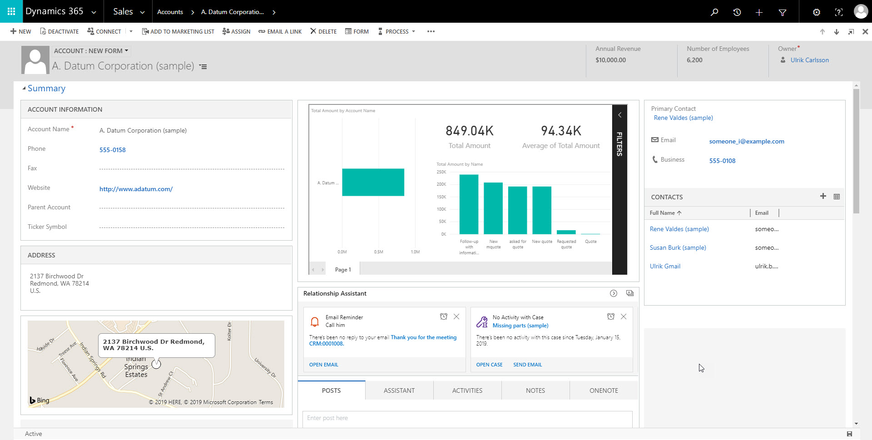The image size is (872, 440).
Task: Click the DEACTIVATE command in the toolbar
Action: point(59,31)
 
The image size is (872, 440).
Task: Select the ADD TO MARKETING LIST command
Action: point(178,31)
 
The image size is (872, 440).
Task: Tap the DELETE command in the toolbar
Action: point(323,31)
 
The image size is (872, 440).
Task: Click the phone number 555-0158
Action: point(112,150)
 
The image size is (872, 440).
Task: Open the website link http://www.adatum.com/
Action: point(136,189)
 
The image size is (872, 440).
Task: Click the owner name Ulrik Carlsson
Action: point(809,60)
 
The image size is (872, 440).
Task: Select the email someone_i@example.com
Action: point(746,141)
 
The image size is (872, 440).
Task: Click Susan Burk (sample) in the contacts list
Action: point(678,247)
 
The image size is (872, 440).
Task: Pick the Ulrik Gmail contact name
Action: point(665,266)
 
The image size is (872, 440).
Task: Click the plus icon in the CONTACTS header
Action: point(822,196)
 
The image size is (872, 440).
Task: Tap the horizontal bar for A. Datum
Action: point(373,182)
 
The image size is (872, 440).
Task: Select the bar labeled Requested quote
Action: point(566,232)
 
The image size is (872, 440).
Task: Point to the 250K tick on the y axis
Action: point(441,172)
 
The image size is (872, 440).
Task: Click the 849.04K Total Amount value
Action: point(469,131)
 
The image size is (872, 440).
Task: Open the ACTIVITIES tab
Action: point(467,391)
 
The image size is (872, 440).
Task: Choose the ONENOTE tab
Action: point(603,391)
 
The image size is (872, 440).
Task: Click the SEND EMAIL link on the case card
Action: point(527,365)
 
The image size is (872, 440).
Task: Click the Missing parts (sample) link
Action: point(520,326)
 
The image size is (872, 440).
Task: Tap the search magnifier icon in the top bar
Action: point(714,12)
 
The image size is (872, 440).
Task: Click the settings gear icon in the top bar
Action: point(816,12)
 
